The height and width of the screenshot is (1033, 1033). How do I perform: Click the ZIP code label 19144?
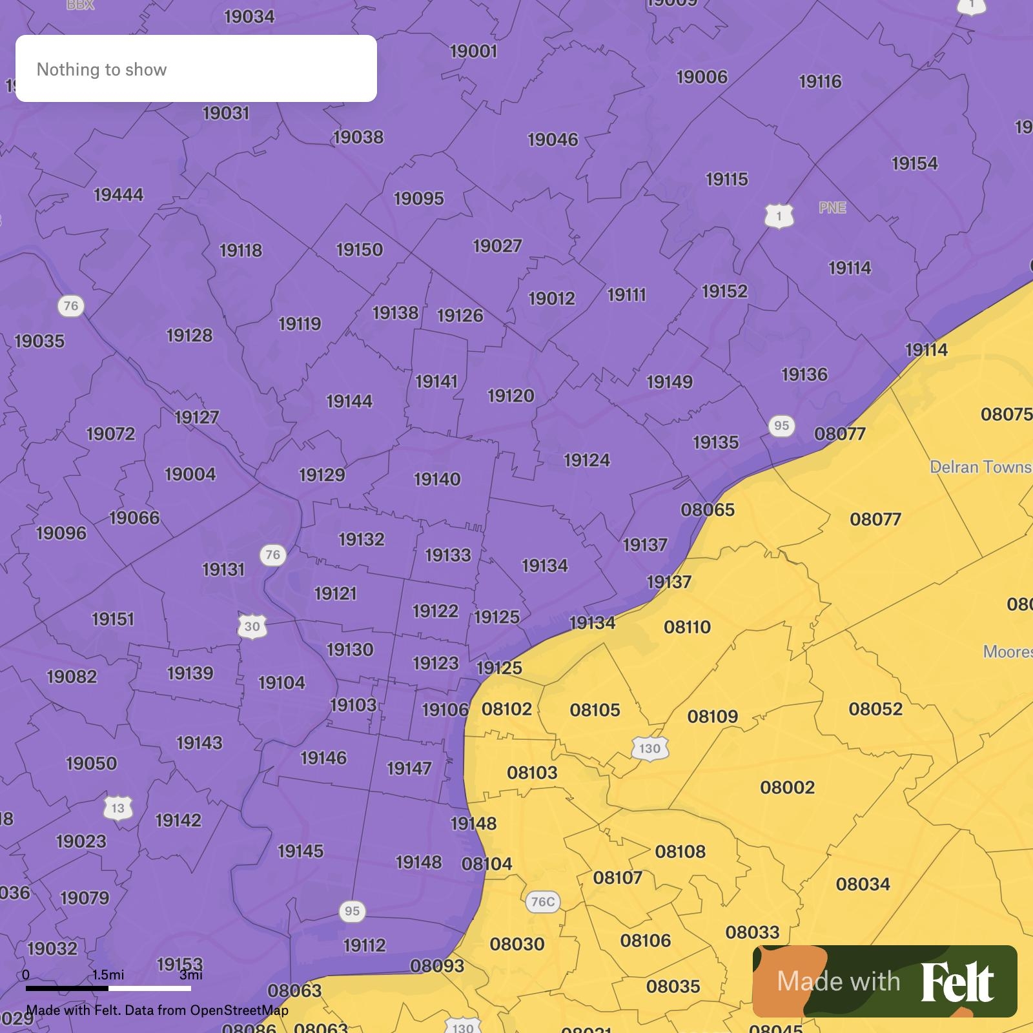tap(349, 402)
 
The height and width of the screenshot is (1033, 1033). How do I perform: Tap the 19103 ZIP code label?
tap(353, 705)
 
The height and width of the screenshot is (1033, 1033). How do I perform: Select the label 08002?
tap(787, 788)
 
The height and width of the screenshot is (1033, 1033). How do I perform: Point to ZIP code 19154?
tap(914, 163)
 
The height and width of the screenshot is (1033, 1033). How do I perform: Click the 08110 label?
tap(687, 627)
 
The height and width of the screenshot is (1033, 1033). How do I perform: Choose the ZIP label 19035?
tap(39, 341)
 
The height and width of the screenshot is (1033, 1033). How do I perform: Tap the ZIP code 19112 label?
tap(364, 945)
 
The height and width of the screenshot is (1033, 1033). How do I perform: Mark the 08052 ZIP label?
tap(875, 709)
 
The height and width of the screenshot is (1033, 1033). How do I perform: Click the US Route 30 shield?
tap(252, 626)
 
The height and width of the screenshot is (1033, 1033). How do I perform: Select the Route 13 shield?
tap(118, 808)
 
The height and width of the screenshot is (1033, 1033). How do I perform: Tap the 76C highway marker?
tap(542, 901)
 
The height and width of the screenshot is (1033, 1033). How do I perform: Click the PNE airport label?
tap(832, 208)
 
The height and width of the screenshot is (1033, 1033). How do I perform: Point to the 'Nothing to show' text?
tap(101, 70)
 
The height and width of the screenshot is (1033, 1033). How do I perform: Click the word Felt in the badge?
tap(957, 982)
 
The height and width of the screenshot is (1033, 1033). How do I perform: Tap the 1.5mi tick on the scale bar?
tap(108, 974)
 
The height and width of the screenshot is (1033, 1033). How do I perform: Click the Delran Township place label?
tap(980, 467)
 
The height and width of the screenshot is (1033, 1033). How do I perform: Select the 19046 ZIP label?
tap(553, 139)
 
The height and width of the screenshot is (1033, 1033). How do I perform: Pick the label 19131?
tap(223, 569)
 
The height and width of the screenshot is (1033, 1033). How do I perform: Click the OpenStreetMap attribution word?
tap(239, 1010)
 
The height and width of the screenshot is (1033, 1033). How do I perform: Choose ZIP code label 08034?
tap(863, 884)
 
